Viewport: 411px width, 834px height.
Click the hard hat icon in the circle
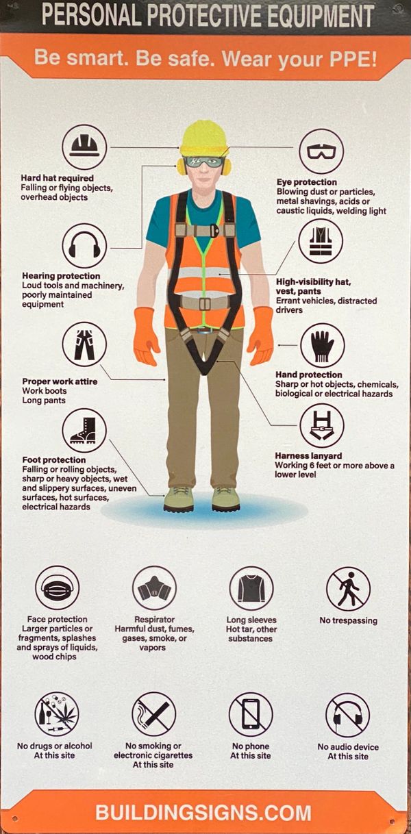pos(84,147)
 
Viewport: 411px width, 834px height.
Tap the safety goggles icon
pos(321,151)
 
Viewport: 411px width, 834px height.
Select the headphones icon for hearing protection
pos(84,245)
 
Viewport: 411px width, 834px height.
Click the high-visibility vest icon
pos(321,241)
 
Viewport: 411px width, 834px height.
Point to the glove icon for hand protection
pos(323,345)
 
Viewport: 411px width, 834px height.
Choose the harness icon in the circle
pos(322,425)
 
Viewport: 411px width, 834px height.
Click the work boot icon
pos(84,431)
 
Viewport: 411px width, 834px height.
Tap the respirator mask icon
pos(154,588)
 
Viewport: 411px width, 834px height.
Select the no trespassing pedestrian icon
pos(349,589)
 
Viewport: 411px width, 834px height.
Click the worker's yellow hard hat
pos(203,138)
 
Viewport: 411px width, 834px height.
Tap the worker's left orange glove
pos(261,335)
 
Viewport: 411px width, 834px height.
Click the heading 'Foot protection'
pos(54,460)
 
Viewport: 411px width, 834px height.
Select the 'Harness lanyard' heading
pos(308,456)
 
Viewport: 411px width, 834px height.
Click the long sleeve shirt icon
pos(251,589)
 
